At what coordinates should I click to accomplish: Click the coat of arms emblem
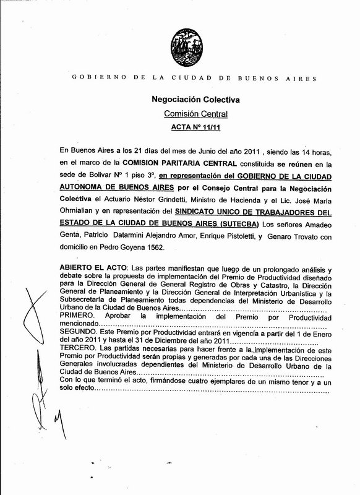[180, 38]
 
